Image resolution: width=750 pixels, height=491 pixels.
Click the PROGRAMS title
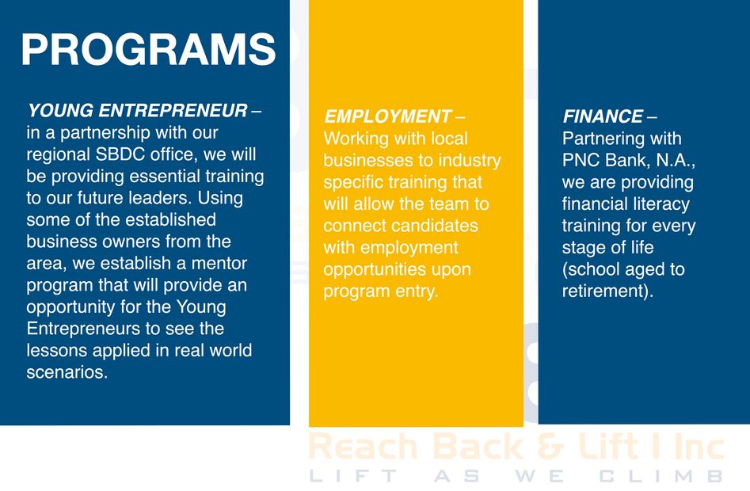pyautogui.click(x=148, y=49)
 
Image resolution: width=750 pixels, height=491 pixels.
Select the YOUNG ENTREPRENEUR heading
pyautogui.click(x=138, y=110)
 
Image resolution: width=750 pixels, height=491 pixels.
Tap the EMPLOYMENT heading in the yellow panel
pyautogui.click(x=387, y=116)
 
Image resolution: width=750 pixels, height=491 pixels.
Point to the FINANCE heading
pyautogui.click(x=603, y=116)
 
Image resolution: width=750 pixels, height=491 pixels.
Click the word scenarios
pyautogui.click(x=67, y=372)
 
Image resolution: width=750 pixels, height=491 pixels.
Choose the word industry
pyautogui.click(x=470, y=161)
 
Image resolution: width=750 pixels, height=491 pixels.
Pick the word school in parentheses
pyautogui.click(x=592, y=269)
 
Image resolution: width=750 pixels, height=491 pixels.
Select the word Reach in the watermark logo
pyautogui.click(x=364, y=446)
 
